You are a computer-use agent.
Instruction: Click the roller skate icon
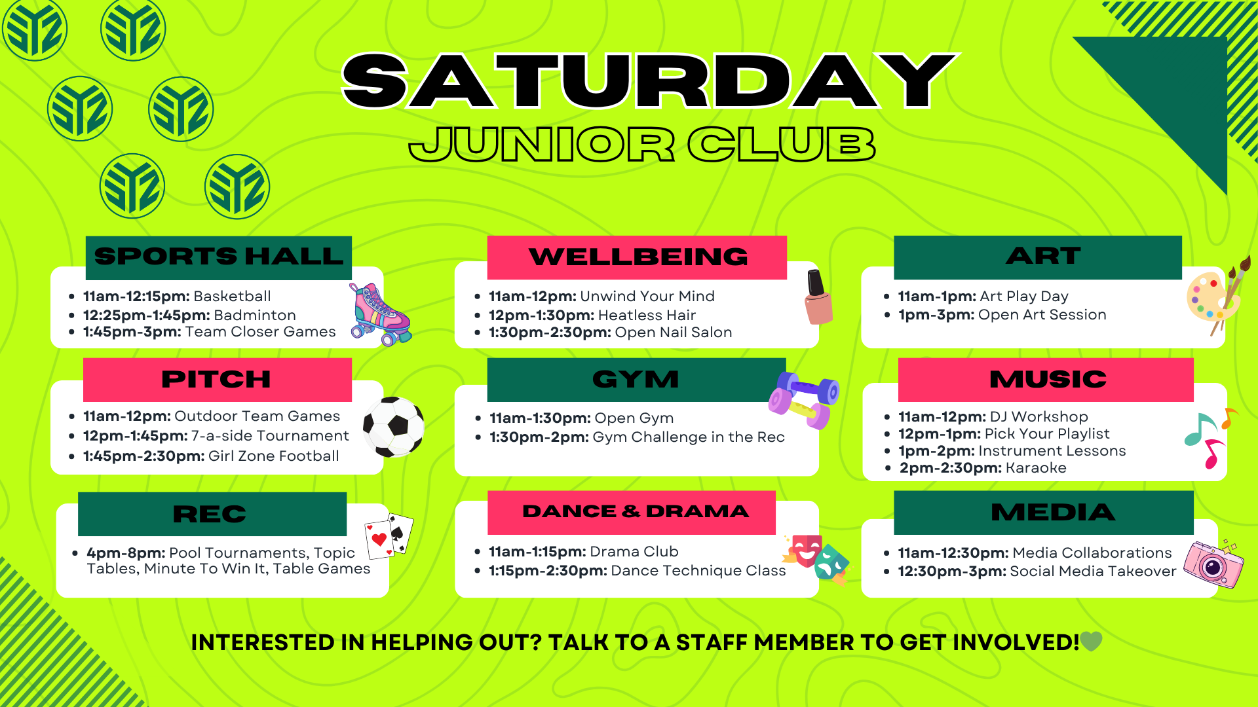point(380,314)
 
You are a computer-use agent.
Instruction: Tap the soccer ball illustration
point(394,427)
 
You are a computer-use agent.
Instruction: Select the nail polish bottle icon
point(818,297)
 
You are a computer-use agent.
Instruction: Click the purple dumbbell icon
point(804,400)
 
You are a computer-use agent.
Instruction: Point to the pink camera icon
point(1213,564)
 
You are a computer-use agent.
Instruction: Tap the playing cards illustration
point(389,536)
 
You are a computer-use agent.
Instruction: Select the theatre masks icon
point(816,558)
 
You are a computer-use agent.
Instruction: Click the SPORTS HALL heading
point(219,256)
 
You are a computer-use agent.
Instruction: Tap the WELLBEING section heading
point(638,257)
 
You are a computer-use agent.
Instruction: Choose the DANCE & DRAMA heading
point(636,511)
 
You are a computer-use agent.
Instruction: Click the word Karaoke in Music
point(1036,468)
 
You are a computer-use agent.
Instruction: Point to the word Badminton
point(255,316)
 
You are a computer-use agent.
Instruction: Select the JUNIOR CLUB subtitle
point(642,144)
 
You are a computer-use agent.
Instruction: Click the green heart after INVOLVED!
point(1091,642)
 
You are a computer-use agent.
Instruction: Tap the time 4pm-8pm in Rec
point(127,553)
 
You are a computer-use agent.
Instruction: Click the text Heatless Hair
point(647,316)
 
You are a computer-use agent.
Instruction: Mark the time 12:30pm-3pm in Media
point(952,571)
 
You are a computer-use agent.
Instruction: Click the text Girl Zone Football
point(274,456)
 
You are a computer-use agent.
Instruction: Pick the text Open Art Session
point(1042,315)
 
